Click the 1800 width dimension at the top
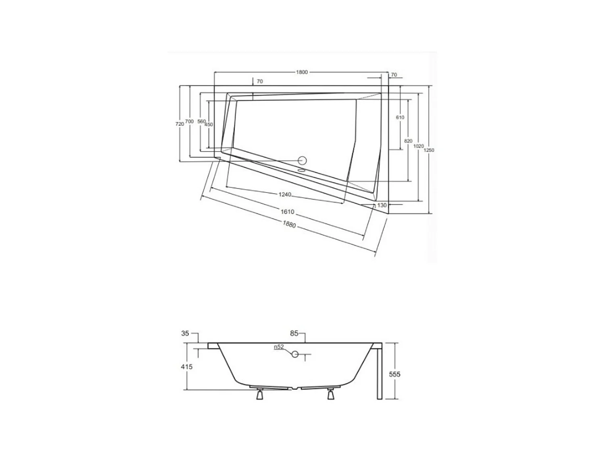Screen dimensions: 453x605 pos(302,72)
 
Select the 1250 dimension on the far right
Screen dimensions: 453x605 pos(429,150)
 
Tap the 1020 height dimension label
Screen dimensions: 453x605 pos(419,146)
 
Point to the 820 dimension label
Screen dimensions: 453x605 pos(408,141)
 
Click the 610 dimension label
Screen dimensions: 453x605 pos(400,118)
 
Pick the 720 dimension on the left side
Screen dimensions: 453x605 pos(179,124)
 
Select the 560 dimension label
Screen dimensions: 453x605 pos(202,122)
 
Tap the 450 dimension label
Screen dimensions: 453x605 pos(209,125)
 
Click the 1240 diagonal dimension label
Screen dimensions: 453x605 pos(285,195)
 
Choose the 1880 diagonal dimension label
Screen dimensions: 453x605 pos(289,225)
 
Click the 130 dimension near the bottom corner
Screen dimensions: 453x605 pos(382,205)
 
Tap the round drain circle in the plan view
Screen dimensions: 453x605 pos(302,161)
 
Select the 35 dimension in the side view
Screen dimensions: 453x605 pos(185,333)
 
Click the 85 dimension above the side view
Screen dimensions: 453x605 pos(294,333)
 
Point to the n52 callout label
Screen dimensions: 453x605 pos(279,347)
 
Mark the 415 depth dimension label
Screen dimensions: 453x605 pos(187,367)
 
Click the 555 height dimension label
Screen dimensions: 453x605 pos(394,374)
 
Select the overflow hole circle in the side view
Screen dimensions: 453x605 pos(295,354)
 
